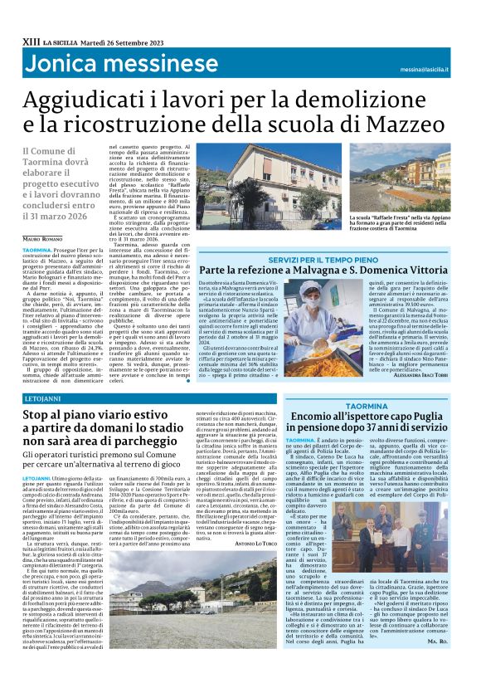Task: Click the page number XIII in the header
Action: coord(32,41)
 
